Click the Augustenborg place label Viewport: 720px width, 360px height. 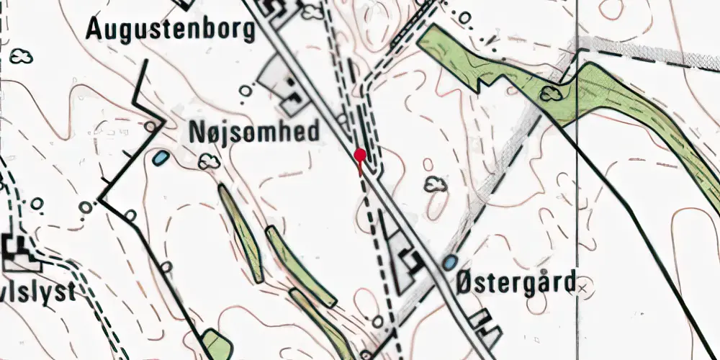click(x=170, y=30)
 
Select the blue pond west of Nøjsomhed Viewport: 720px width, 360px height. click(x=161, y=157)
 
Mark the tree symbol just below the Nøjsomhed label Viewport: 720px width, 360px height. click(x=210, y=163)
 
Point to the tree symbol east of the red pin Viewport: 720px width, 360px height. click(x=435, y=185)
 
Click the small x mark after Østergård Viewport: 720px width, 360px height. click(x=583, y=287)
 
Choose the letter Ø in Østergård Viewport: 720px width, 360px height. click(x=464, y=280)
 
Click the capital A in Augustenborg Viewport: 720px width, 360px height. click(x=96, y=30)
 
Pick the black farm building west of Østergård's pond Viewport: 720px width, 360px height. click(x=411, y=260)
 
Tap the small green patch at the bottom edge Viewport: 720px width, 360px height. click(x=212, y=344)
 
